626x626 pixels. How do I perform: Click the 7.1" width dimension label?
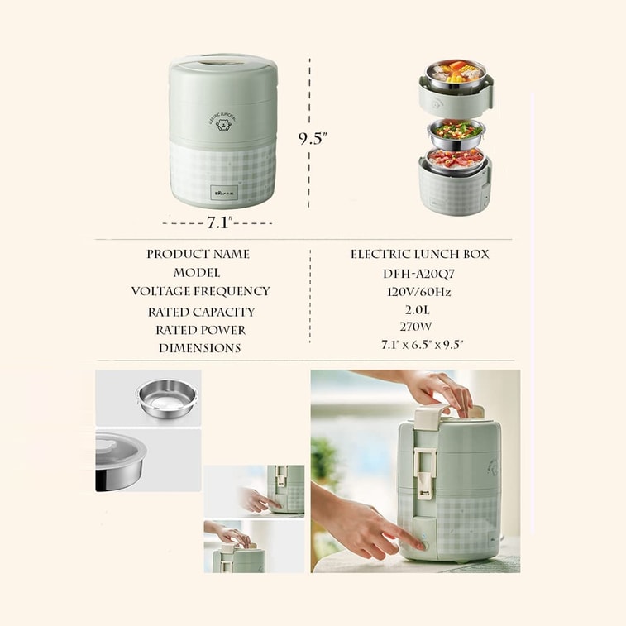[x=218, y=222]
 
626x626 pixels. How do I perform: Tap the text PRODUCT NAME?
[x=198, y=254]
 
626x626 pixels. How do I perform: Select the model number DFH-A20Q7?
[x=419, y=273]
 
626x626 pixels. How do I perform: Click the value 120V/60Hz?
[x=419, y=291]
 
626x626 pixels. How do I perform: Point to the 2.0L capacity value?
[x=419, y=309]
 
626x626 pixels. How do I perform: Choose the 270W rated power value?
[x=419, y=327]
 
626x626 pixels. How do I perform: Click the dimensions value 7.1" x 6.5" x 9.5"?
[x=419, y=345]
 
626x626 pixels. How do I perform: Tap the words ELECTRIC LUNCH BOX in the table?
[x=419, y=254]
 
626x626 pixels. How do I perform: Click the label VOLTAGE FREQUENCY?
[x=200, y=291]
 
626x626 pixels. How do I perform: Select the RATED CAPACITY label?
[x=201, y=312]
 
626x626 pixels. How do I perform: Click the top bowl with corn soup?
[x=456, y=73]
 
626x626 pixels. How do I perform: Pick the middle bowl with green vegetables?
[x=456, y=131]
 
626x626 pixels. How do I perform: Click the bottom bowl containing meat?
[x=456, y=159]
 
